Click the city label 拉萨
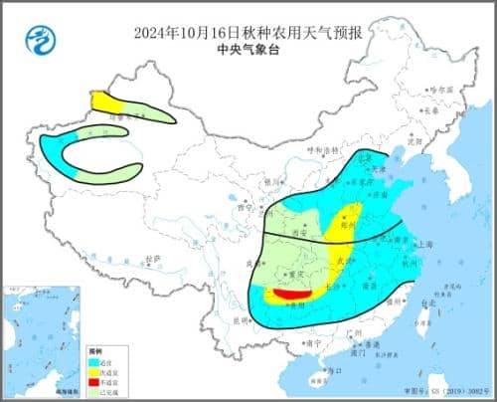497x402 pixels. point(152,259)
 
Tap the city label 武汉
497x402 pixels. point(348,261)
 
